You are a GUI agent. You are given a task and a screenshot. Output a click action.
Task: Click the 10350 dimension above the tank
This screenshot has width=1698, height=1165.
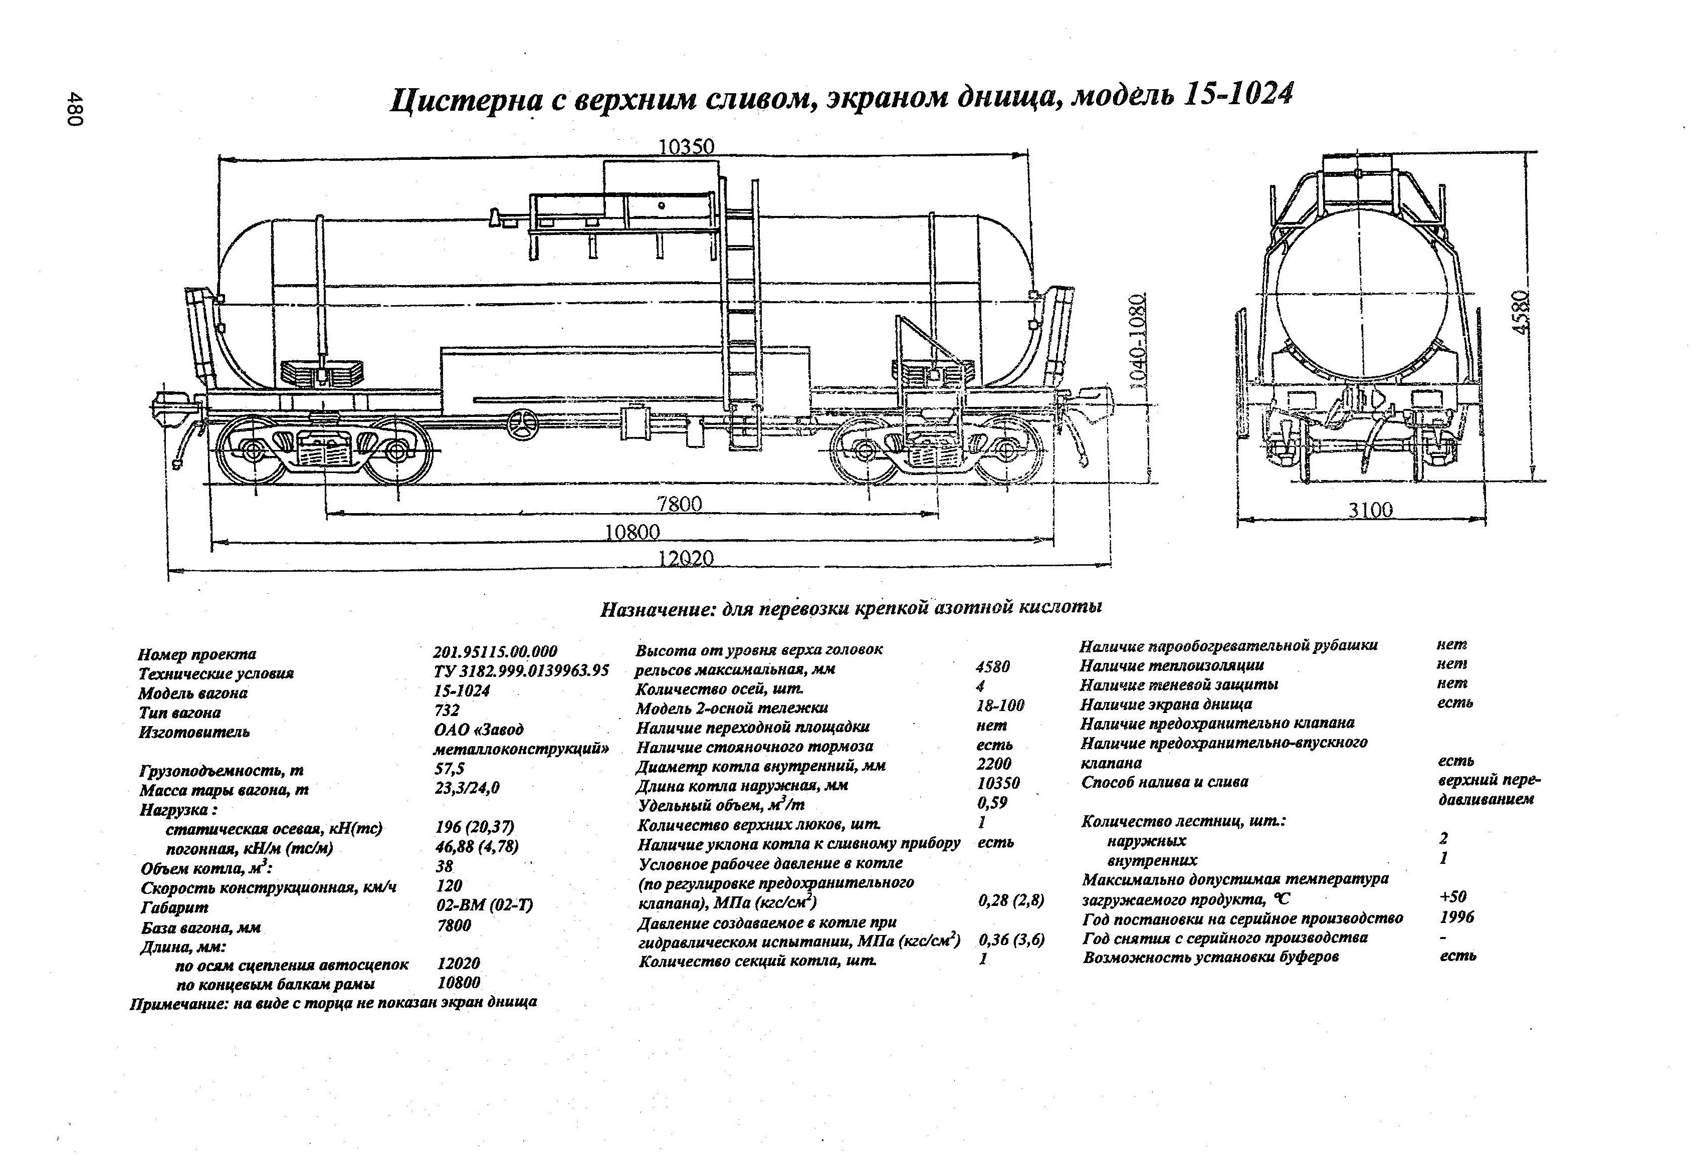[686, 147]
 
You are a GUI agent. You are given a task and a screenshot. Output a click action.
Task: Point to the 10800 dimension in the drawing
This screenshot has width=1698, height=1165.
[632, 532]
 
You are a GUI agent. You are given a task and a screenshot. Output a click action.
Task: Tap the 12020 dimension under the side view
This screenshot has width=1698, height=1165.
[685, 558]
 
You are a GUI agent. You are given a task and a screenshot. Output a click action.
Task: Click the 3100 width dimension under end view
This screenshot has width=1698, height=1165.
[1370, 510]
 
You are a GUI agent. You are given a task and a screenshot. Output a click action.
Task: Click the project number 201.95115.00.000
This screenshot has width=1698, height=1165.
[495, 651]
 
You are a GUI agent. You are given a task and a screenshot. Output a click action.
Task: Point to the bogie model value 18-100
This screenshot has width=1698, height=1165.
[999, 706]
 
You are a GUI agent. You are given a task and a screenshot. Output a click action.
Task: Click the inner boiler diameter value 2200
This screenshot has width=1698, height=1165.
[994, 764]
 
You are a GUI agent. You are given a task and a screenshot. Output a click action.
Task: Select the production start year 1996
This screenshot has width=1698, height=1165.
[1456, 916]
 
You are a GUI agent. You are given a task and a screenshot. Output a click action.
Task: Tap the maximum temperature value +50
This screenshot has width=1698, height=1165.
[1452, 897]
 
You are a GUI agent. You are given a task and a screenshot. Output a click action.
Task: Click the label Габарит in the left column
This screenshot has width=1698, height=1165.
[174, 907]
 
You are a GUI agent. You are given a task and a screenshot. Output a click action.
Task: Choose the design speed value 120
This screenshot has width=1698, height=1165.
[449, 885]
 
